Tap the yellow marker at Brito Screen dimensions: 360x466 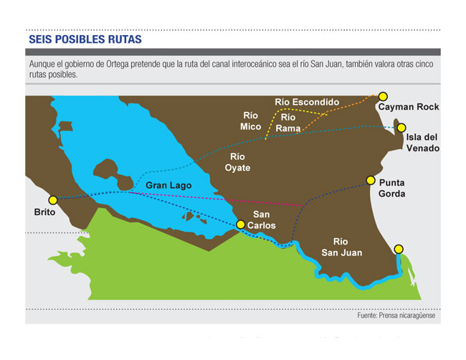tap(52, 200)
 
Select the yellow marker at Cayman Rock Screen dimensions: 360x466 tap(383, 96)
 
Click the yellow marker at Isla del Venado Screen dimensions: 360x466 tap(402, 127)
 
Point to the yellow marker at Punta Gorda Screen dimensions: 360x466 tap(371, 180)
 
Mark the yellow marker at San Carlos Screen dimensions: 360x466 tap(241, 224)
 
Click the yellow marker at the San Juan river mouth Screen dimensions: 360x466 tap(399, 249)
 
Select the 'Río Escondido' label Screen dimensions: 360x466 tap(307, 103)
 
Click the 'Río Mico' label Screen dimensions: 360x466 tap(250, 120)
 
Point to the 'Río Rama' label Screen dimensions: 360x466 tap(288, 123)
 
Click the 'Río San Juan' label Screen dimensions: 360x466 tap(342, 247)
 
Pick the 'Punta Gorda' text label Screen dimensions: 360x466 tap(392, 188)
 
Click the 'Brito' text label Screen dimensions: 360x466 tap(44, 212)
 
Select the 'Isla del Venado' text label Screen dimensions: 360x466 tap(422, 143)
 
